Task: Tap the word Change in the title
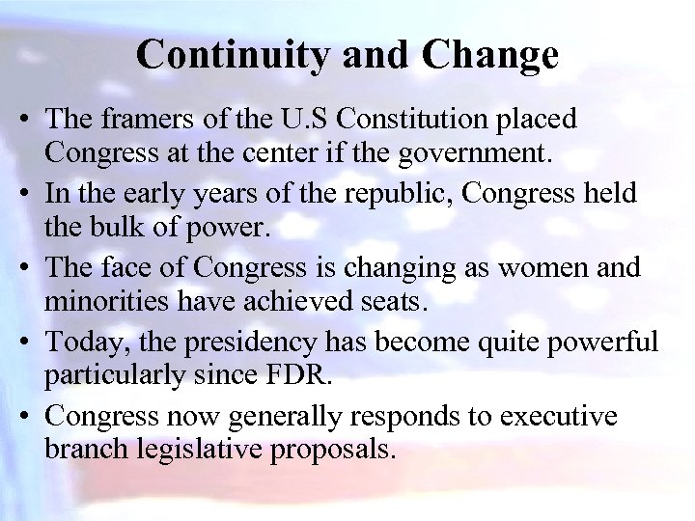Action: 489,55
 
